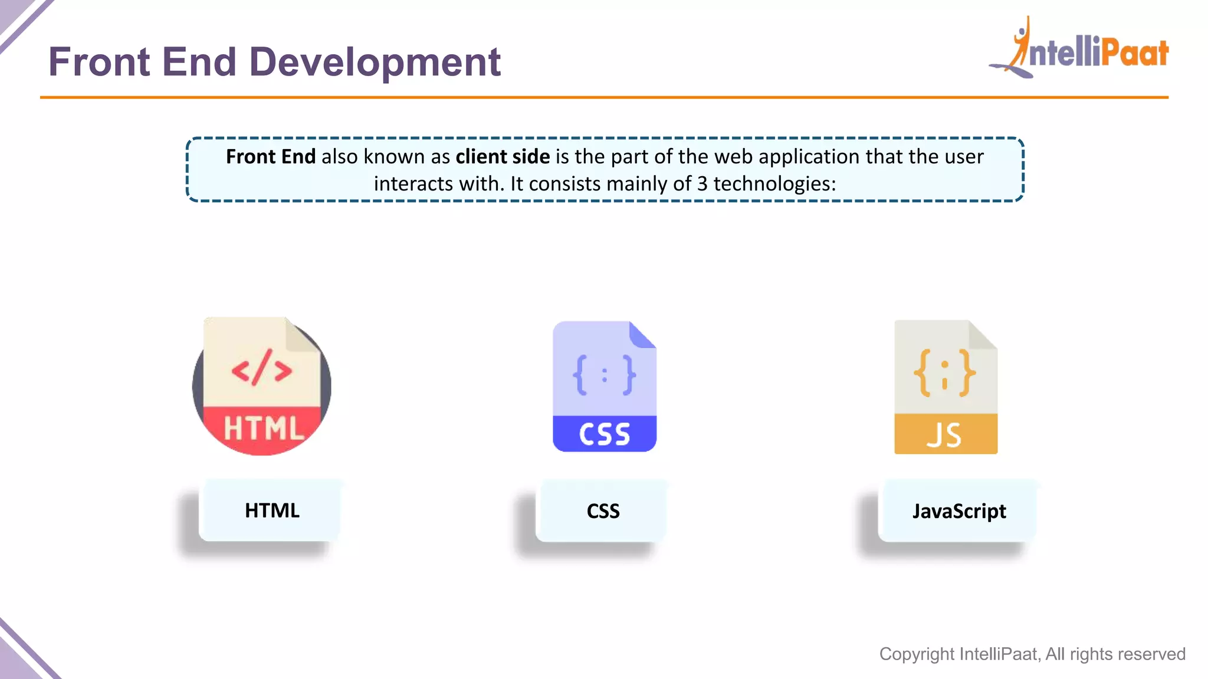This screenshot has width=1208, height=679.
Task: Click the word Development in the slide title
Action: (375, 62)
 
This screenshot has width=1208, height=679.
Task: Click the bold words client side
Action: (503, 157)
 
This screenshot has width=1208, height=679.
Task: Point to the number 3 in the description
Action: (702, 184)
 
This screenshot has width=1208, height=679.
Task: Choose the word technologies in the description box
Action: (774, 184)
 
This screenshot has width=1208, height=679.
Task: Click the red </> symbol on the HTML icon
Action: (262, 368)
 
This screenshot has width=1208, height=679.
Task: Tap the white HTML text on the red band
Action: (264, 429)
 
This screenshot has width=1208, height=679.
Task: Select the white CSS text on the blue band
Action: (605, 434)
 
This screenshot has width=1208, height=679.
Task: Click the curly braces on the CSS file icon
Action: (605, 375)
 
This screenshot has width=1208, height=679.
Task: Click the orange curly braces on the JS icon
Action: (945, 373)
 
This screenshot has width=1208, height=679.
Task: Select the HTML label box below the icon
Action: (272, 510)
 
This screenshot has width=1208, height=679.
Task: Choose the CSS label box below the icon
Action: (603, 511)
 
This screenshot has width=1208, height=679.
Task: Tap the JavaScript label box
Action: (959, 511)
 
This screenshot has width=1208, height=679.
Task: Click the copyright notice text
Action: (1032, 654)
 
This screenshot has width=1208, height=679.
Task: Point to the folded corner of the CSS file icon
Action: (642, 335)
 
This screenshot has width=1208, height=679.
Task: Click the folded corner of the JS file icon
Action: (982, 335)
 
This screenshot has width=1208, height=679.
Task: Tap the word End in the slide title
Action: (199, 62)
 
